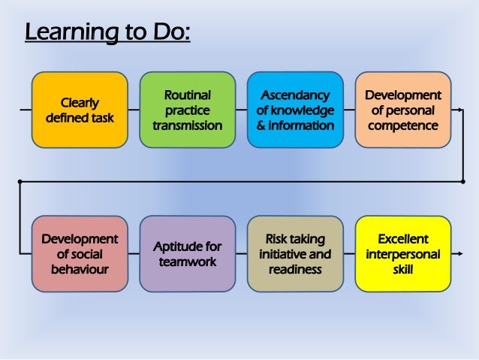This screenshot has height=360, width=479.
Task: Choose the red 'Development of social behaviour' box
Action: (x=80, y=253)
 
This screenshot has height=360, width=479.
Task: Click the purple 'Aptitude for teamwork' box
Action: (x=187, y=253)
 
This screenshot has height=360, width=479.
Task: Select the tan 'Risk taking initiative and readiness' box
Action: (x=295, y=253)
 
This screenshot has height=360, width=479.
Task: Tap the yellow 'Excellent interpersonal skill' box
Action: (x=402, y=253)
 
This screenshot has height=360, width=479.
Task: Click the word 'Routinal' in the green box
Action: (x=187, y=95)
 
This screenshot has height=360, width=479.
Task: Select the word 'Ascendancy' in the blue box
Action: (x=295, y=95)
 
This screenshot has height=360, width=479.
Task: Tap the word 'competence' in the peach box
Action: (x=402, y=125)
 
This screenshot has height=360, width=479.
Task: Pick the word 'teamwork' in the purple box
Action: (x=187, y=262)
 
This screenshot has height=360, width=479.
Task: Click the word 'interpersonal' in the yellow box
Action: (x=402, y=254)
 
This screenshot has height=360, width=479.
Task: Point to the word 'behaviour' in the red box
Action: (x=80, y=268)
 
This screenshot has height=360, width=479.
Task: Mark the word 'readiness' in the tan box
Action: (x=295, y=268)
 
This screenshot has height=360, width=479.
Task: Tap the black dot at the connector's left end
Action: (x=20, y=181)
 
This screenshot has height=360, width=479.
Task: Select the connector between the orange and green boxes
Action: (x=134, y=110)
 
